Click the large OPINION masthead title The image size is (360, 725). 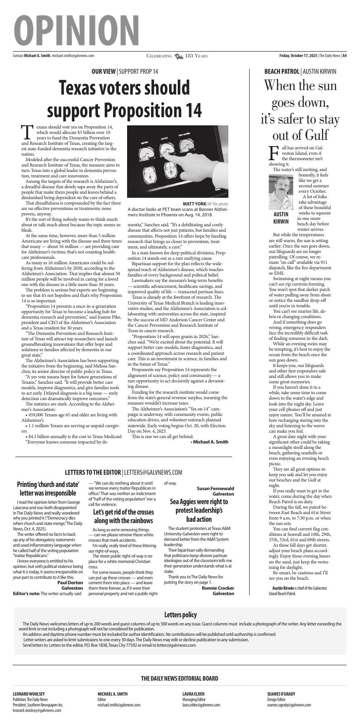coord(76,28)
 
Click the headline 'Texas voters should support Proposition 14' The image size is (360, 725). coord(124,98)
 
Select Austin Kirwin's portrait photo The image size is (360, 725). coord(281,191)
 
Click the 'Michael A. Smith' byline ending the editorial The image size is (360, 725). coord(209,442)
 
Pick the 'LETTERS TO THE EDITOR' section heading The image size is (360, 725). coord(93,472)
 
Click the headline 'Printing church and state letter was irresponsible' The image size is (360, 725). coord(48,488)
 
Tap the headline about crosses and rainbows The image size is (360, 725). coord(123,516)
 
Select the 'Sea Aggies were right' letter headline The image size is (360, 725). coord(199,510)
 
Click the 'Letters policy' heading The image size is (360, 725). coord(180,615)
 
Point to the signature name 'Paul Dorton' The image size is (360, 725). coord(70,583)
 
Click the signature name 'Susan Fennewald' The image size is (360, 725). coord(215,488)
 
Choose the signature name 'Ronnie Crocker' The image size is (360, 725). coord(218,588)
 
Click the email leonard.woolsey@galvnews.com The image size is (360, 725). coord(37,711)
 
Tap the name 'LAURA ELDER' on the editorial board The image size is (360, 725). coord(193,694)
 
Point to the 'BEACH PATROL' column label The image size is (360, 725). coord(282,72)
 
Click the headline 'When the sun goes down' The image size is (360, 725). coord(300,110)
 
